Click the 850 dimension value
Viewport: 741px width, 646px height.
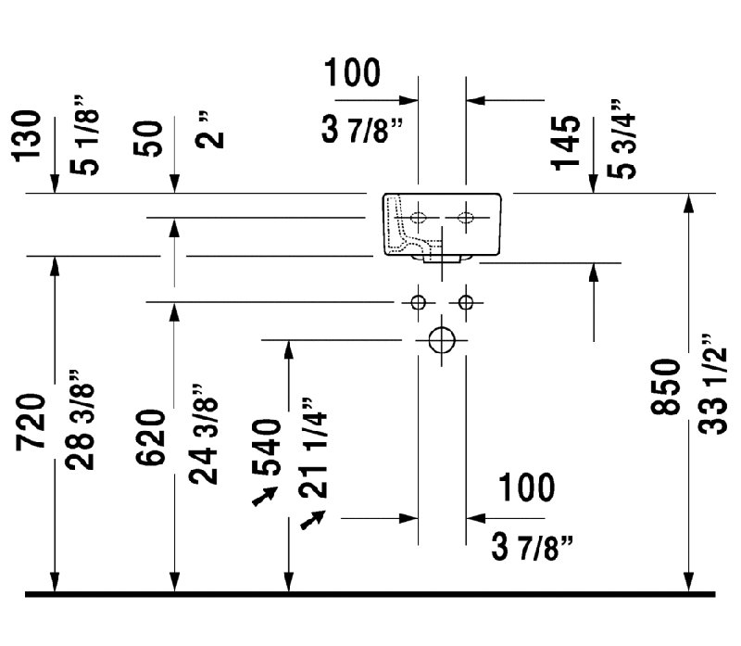click(x=665, y=386)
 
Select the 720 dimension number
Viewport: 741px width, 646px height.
click(x=31, y=422)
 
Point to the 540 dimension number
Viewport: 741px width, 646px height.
click(x=266, y=447)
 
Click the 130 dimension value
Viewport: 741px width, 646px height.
click(x=26, y=136)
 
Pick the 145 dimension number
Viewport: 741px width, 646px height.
click(x=565, y=143)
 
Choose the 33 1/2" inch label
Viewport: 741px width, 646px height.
click(x=712, y=384)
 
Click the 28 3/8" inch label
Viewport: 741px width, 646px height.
click(x=81, y=420)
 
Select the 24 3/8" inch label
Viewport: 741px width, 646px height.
click(x=203, y=434)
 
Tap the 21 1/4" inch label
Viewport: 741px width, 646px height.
click(x=313, y=448)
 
